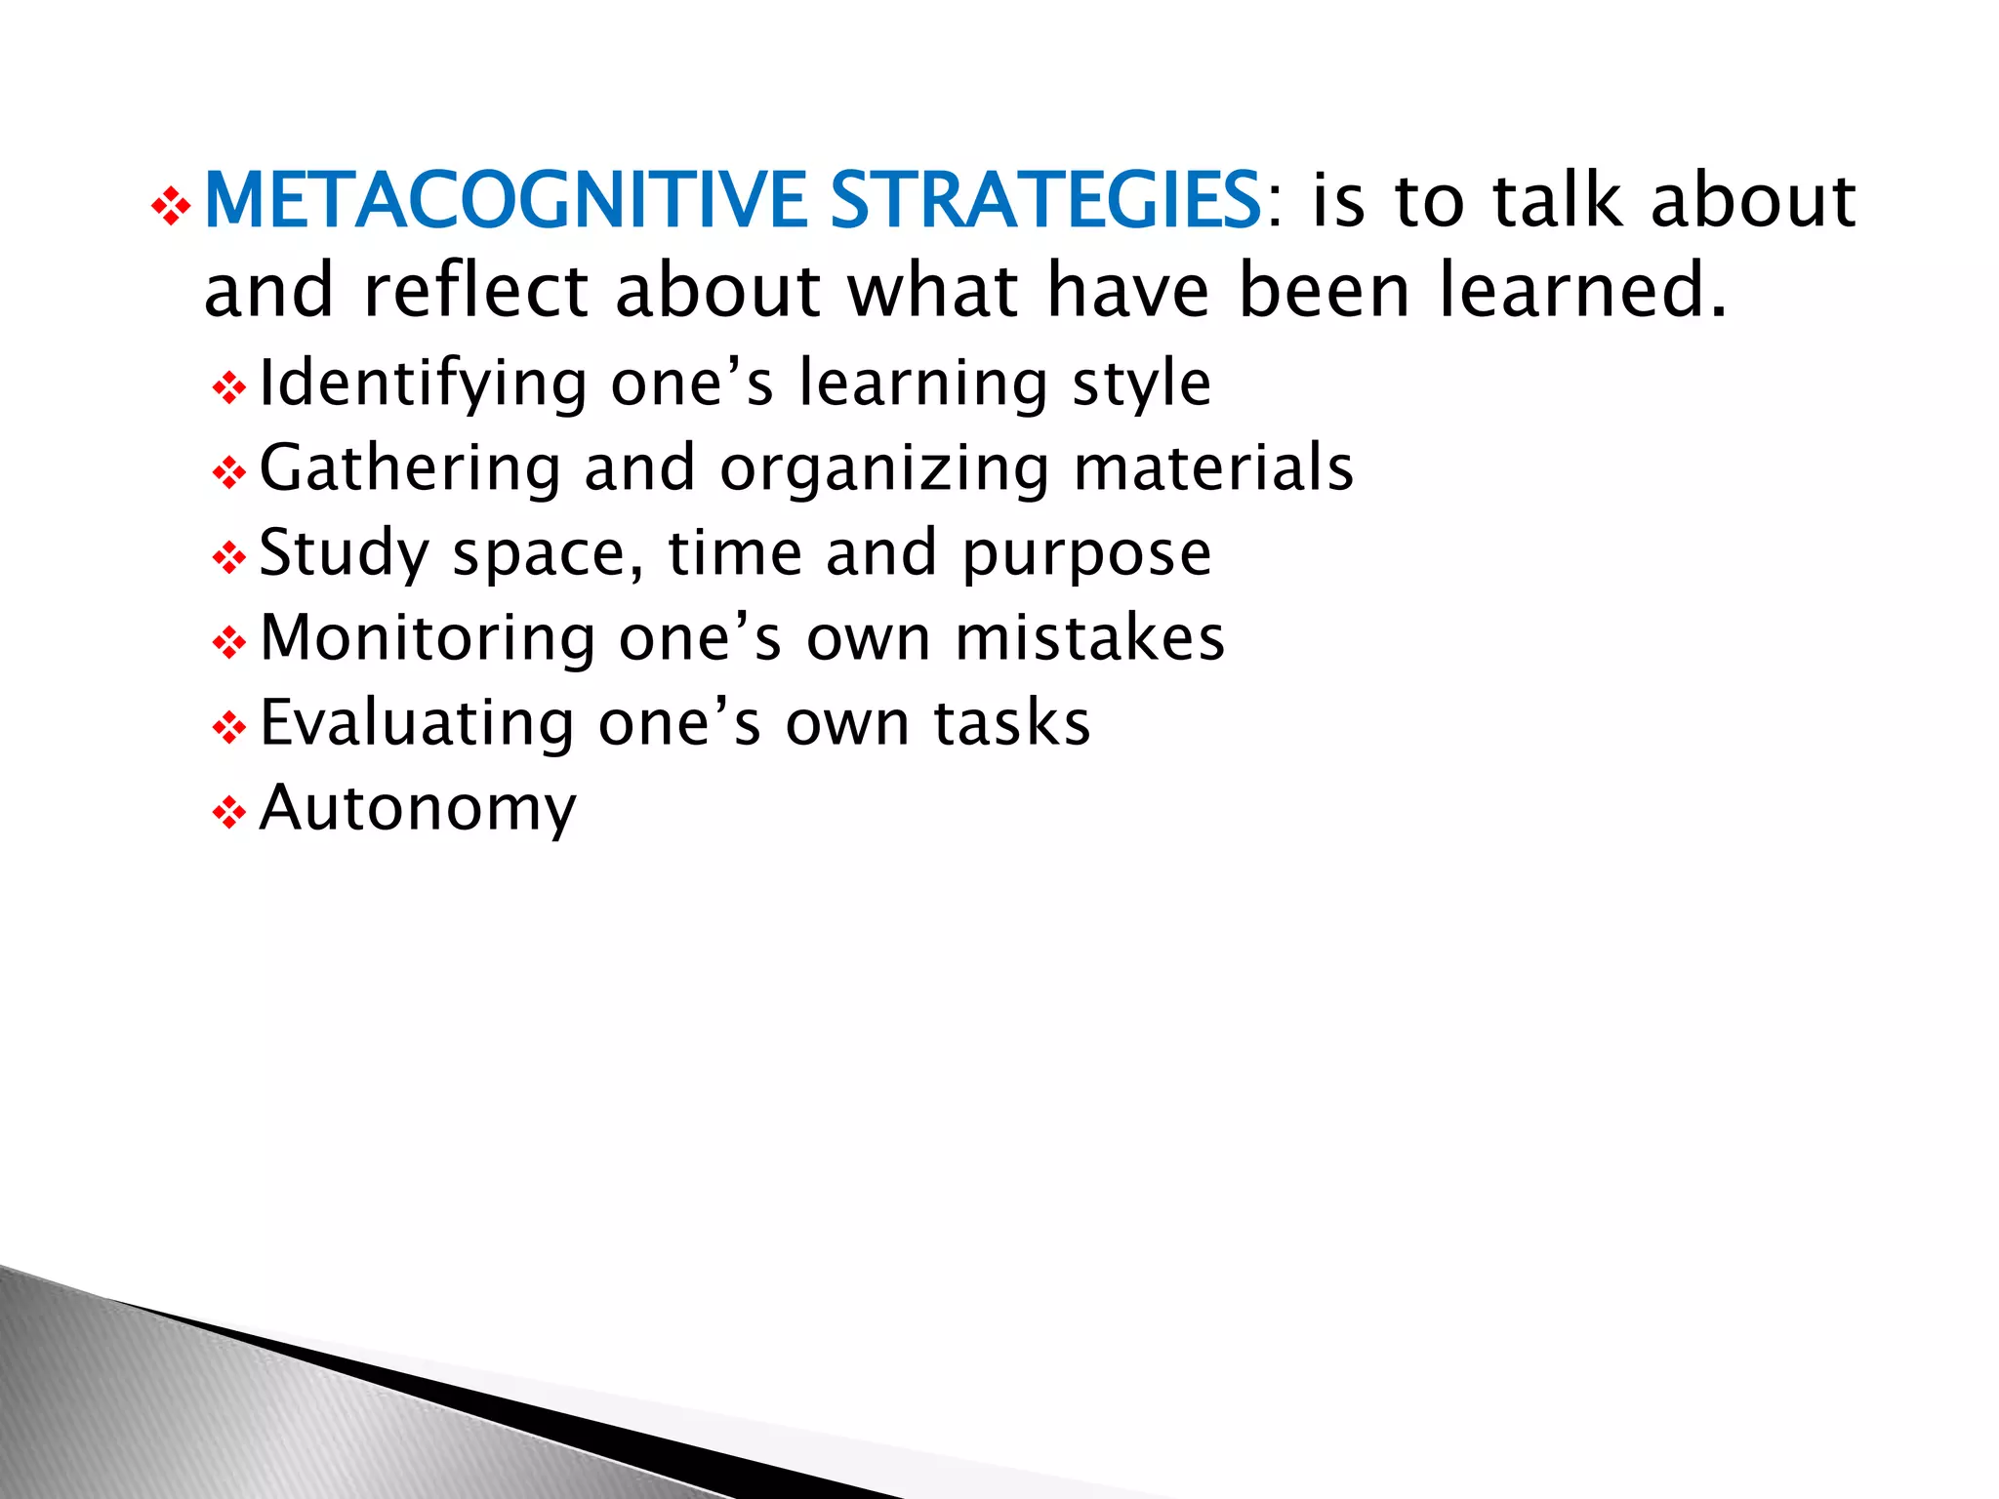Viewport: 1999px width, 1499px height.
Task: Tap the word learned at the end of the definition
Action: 1581,291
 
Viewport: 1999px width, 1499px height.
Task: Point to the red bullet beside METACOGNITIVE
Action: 171,208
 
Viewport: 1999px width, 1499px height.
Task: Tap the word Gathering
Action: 410,468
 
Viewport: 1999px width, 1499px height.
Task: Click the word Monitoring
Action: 428,639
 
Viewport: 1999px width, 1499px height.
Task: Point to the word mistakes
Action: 1089,639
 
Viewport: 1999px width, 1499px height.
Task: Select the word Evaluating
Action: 417,724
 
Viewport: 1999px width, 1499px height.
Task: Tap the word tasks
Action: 1011,724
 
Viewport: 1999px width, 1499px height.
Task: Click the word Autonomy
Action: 418,810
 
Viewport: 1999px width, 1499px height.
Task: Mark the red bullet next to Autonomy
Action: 228,813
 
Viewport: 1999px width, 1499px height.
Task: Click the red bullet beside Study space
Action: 228,558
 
